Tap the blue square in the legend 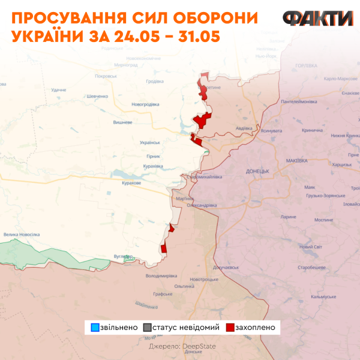click(95, 328)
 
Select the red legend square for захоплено click(229, 328)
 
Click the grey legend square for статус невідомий click(148, 328)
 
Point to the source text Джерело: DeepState click(182, 346)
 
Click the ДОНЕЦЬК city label click(259, 171)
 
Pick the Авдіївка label click(244, 128)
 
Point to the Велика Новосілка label click(21, 235)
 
